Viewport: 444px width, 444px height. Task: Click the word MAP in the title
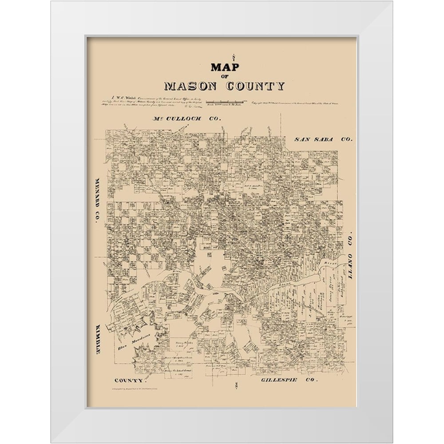(x=225, y=67)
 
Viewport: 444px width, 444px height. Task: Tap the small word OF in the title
(x=225, y=75)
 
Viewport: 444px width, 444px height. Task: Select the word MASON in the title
(x=191, y=86)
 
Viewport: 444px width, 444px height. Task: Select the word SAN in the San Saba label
(x=302, y=139)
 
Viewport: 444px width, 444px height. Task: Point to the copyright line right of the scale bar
(x=302, y=103)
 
